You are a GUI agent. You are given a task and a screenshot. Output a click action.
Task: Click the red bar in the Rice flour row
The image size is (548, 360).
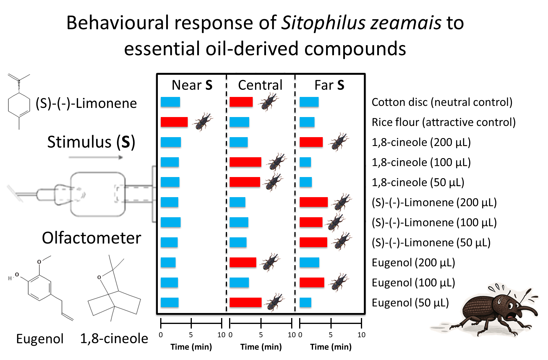click(x=174, y=122)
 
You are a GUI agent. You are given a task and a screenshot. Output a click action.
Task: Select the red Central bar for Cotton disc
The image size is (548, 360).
click(x=241, y=102)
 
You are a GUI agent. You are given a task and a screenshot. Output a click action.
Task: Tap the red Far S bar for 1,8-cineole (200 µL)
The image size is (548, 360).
click(x=311, y=142)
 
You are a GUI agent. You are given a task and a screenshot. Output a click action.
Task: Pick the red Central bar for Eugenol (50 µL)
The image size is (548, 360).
click(x=245, y=302)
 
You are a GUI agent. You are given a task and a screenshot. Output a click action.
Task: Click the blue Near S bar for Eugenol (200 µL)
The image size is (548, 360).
click(x=168, y=262)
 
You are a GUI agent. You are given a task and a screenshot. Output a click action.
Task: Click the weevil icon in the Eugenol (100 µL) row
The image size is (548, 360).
click(x=339, y=282)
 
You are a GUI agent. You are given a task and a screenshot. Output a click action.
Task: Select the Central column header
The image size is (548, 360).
click(x=260, y=85)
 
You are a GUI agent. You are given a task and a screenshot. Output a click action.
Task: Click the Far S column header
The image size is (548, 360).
click(x=329, y=85)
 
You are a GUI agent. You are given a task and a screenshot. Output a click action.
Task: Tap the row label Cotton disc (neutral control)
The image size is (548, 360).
click(x=442, y=102)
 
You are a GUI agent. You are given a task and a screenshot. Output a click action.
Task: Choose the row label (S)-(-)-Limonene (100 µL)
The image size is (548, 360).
click(x=434, y=223)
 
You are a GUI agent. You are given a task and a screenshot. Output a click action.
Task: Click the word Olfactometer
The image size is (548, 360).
click(x=91, y=238)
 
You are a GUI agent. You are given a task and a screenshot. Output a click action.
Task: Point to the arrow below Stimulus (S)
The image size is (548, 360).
click(x=95, y=158)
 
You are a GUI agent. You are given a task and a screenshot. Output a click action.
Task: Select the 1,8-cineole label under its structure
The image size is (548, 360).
click(x=114, y=339)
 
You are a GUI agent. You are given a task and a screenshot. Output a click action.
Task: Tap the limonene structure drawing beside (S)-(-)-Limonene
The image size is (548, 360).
click(x=19, y=102)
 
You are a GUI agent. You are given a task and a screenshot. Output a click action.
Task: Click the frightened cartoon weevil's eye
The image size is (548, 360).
click(x=510, y=306)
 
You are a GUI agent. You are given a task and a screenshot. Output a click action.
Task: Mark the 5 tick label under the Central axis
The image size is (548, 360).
click(x=261, y=335)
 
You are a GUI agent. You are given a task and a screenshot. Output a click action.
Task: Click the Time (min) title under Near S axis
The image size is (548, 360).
click(x=191, y=347)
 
